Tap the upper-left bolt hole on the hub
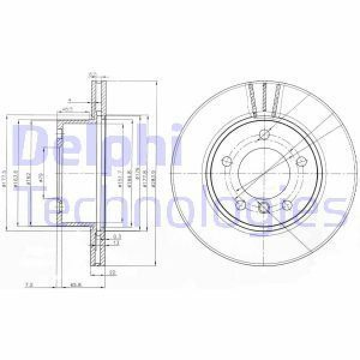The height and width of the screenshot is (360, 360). (x=227, y=161)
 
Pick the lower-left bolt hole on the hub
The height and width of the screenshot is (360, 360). (x=240, y=205)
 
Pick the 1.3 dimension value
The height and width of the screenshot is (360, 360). (x=117, y=244)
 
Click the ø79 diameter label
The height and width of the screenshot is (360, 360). (x=41, y=177)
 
